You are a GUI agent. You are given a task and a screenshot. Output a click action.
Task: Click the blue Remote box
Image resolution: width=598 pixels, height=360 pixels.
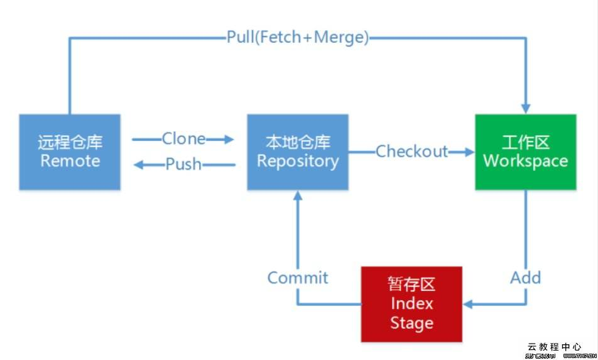[70, 152]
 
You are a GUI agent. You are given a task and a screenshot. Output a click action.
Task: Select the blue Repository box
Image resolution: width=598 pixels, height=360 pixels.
[297, 152]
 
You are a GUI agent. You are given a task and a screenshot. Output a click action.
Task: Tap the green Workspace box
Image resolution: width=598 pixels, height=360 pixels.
[525, 152]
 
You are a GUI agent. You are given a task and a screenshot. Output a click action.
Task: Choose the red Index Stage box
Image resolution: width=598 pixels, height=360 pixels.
[411, 303]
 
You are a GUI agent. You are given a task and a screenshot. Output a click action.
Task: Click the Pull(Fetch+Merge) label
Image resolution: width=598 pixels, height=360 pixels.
[298, 37]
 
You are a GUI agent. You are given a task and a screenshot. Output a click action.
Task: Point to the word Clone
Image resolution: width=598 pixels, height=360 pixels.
[183, 138]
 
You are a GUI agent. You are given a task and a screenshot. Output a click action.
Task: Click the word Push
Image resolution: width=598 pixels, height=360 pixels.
[183, 165]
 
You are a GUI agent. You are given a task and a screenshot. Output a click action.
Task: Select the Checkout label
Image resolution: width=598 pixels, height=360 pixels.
[411, 151]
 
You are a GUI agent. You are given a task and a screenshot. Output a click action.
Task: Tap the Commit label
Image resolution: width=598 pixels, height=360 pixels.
[298, 278]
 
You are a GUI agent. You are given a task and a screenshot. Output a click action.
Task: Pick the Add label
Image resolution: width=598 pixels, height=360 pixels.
[525, 278]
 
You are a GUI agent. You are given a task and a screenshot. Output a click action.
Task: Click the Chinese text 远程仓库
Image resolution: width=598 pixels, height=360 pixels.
[70, 142]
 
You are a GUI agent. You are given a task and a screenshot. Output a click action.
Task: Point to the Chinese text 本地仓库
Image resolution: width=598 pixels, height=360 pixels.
[297, 142]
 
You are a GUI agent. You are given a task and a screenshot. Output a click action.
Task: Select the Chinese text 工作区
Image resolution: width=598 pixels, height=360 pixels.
[525, 142]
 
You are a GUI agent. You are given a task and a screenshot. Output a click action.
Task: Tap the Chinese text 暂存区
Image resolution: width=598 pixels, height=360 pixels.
[411, 284]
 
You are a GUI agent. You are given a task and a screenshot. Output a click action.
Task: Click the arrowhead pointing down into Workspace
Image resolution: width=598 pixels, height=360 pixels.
[525, 107]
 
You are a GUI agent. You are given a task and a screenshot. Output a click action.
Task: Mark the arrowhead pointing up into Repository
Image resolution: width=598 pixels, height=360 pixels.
[298, 197]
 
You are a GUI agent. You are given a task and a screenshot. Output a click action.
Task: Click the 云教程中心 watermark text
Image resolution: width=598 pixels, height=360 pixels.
[554, 346]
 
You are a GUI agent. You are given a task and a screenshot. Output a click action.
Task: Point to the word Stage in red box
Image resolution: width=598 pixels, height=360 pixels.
[411, 323]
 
